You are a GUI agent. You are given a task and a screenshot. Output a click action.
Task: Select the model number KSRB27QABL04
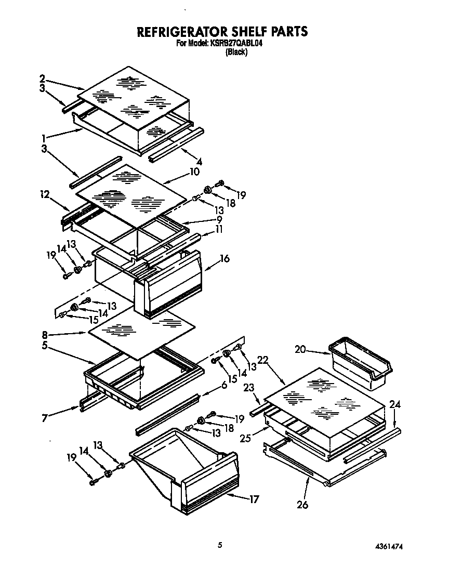coord(235,44)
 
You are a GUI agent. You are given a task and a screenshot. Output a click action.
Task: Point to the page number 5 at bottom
coord(220,545)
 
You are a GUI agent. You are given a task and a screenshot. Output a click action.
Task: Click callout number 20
coord(300,350)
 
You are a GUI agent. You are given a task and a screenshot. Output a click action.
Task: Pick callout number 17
coord(254,499)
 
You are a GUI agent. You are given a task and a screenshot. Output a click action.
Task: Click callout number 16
coord(224,258)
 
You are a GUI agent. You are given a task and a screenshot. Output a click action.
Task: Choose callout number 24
coord(395,404)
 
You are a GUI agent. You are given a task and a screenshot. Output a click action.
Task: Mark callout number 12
coord(45,194)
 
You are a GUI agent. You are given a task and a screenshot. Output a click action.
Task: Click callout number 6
coord(224,385)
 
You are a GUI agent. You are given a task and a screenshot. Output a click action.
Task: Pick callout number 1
coord(45,138)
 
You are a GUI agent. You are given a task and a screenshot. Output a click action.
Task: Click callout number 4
coord(199,162)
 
